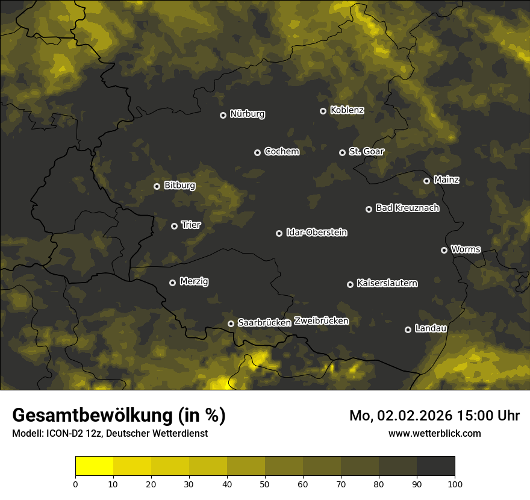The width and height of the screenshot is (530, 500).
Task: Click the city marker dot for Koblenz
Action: [323, 111]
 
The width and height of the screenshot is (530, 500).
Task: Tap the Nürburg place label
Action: [247, 114]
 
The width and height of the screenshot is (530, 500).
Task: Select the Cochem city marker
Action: [257, 152]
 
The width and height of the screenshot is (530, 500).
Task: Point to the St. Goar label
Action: [366, 152]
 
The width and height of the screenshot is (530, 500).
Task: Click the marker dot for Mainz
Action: [426, 181]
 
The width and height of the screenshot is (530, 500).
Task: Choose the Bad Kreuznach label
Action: [407, 208]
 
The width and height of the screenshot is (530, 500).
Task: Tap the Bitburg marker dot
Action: [157, 186]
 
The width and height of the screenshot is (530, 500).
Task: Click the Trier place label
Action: [190, 225]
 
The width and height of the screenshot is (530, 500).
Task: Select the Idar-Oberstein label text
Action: [316, 233]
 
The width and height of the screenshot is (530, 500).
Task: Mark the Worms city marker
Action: [444, 250]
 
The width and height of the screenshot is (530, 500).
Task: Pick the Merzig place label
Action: [194, 281]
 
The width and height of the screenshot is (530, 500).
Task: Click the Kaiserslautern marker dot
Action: [350, 284]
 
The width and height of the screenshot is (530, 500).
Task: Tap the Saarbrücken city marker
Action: [231, 323]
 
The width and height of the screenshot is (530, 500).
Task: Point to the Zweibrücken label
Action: [321, 321]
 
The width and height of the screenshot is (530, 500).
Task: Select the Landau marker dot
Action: [408, 330]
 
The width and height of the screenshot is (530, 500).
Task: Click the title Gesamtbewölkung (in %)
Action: [119, 416]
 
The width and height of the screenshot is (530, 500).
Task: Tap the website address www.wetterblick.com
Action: [434, 433]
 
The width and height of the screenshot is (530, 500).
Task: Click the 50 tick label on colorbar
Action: [265, 483]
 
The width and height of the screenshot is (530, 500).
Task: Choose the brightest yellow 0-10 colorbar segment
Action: [94, 466]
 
